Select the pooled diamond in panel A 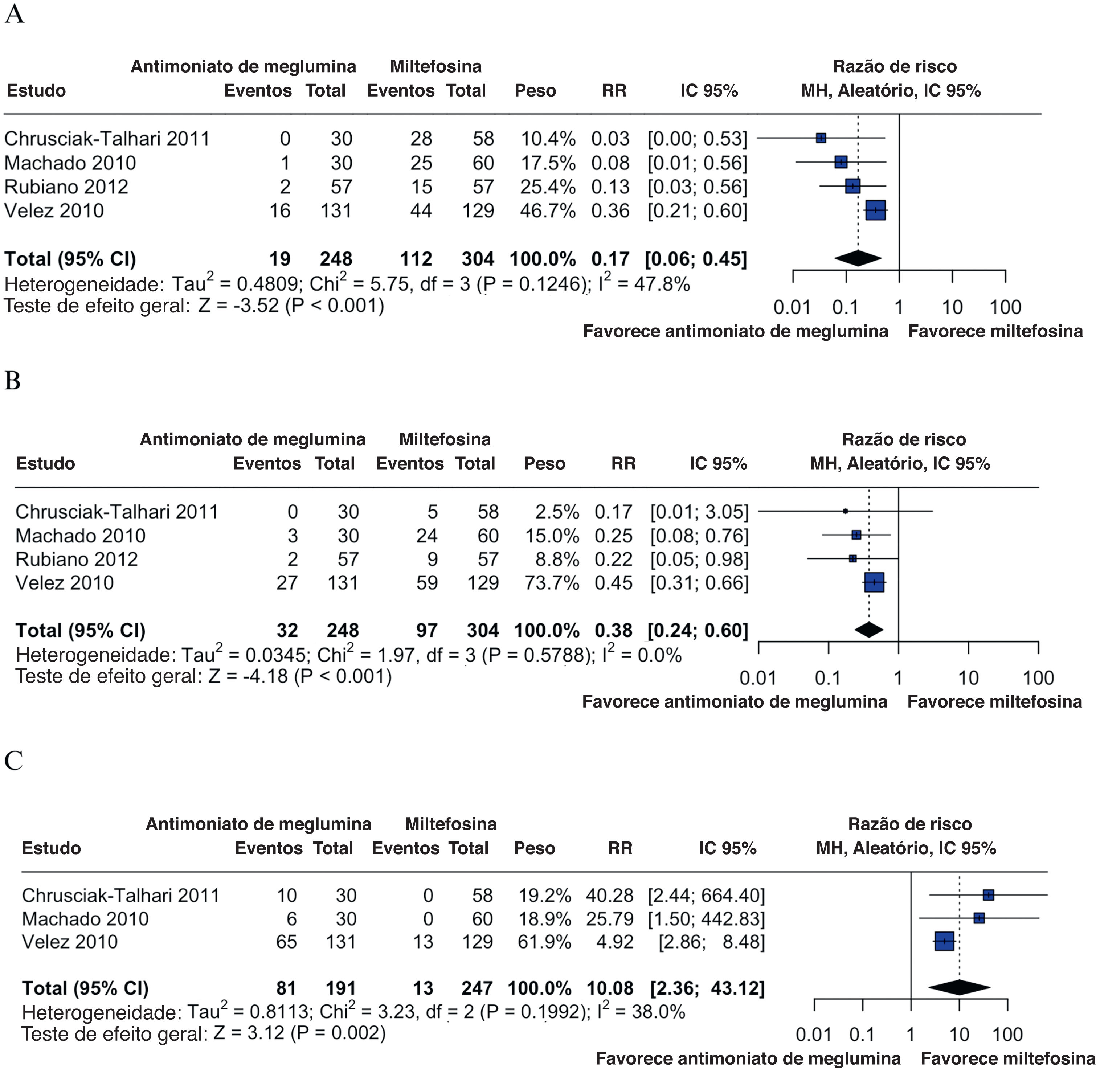tap(858, 258)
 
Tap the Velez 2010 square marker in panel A tap(875, 210)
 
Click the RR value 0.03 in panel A tap(610, 139)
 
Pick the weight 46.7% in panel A tap(547, 211)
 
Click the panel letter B tap(12, 381)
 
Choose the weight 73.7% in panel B tap(552, 583)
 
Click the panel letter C tap(13, 761)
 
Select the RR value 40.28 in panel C tap(610, 896)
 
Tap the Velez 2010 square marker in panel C tap(944, 941)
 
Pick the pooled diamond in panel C tap(959, 987)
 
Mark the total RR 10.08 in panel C tap(610, 988)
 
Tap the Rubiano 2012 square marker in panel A tap(852, 186)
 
